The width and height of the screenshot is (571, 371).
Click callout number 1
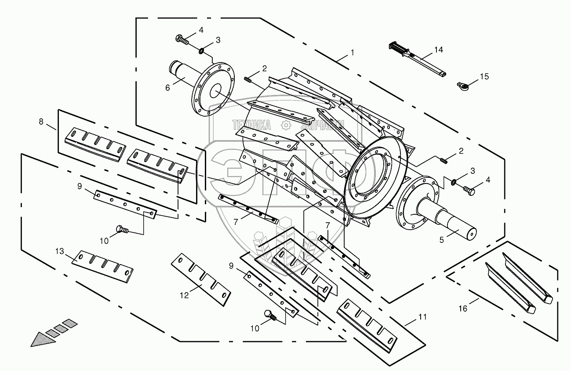click(352, 53)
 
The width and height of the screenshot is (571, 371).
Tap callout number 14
click(438, 49)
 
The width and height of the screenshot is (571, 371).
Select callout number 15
click(484, 77)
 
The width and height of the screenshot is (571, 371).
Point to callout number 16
click(463, 309)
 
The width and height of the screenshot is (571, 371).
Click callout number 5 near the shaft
click(441, 240)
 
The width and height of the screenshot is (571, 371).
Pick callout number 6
click(167, 88)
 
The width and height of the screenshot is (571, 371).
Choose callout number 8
click(41, 122)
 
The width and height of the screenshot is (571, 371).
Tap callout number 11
click(422, 317)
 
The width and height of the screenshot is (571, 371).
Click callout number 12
click(184, 295)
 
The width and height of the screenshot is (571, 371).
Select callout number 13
click(60, 251)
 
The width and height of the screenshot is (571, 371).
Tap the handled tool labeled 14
click(417, 59)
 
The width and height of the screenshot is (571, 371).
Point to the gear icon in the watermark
click(286, 125)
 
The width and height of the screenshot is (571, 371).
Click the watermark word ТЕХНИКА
click(252, 125)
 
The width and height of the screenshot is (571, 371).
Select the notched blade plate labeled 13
click(102, 267)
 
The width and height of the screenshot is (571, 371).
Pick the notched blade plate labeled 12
click(201, 279)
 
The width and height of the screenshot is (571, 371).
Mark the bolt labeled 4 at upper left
click(182, 40)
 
